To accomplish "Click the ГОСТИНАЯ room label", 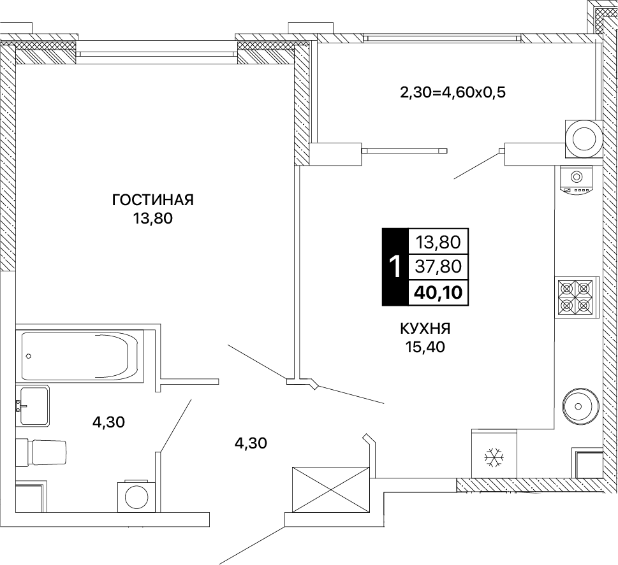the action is point(153,200).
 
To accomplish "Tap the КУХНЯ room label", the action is point(425,329).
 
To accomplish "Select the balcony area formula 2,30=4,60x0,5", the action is point(452,92).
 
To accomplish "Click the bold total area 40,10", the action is point(438,292).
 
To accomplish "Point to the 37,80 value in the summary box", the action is point(438,266).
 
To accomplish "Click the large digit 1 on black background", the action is point(395,266).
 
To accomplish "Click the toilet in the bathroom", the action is point(41,452).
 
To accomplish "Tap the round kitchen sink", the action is point(578,406).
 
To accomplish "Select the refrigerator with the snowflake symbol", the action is point(494,454).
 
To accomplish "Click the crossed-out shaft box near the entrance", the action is point(330,490).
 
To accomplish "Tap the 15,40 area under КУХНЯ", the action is point(425,347).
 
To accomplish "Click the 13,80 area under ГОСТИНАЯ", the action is point(153,218).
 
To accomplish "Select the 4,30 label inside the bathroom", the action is point(108,422).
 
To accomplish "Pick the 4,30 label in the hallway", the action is point(251,443).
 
